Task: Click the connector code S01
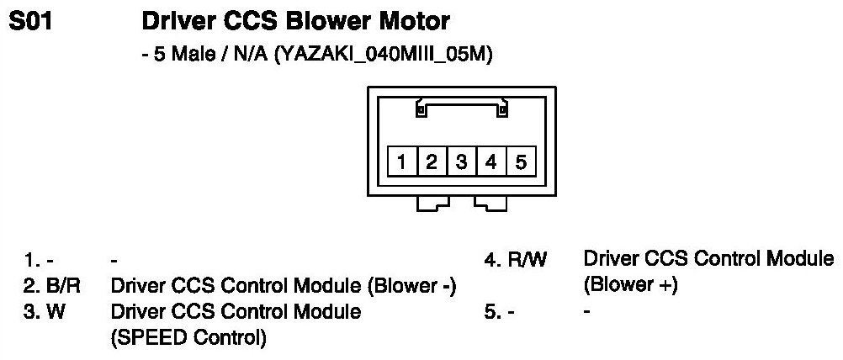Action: [31, 20]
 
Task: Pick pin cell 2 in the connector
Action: [432, 161]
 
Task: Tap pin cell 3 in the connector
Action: [461, 161]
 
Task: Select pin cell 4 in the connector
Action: [490, 161]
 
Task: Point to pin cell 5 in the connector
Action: [520, 161]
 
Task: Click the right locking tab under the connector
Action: [490, 203]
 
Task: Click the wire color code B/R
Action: [63, 288]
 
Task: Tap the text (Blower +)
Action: [630, 286]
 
